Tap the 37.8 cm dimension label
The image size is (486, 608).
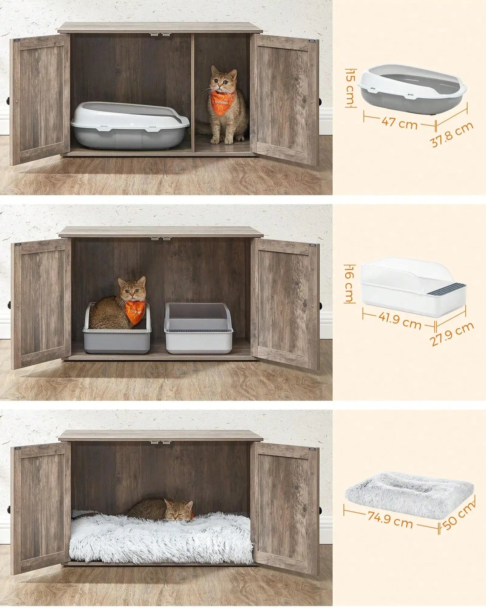pos(452,134)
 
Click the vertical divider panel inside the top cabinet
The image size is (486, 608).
pos(193,91)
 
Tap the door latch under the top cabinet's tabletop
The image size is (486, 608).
pos(160,34)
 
